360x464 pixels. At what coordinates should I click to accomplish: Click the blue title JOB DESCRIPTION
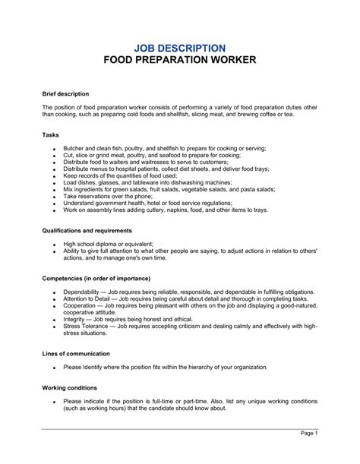point(179,47)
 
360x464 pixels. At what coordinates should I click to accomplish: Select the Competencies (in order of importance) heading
point(96,279)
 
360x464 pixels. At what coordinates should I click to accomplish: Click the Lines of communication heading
point(76,354)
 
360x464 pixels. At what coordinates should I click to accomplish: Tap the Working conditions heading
point(69,387)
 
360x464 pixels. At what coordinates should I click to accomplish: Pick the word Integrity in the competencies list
point(77,321)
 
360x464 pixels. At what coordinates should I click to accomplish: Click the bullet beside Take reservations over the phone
point(55,196)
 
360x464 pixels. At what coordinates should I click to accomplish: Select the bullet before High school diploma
point(55,245)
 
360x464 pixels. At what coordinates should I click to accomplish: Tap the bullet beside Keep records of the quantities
point(55,175)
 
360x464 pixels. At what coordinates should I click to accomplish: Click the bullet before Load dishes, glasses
point(55,182)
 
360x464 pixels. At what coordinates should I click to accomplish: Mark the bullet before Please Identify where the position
point(55,368)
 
